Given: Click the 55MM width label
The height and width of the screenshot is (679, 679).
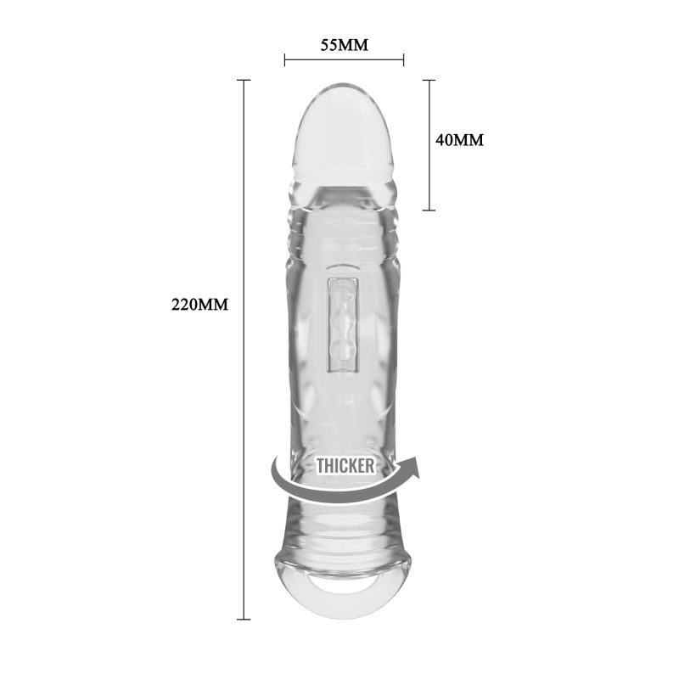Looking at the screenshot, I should [x=344, y=45].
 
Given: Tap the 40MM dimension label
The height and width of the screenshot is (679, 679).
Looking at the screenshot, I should [x=459, y=140].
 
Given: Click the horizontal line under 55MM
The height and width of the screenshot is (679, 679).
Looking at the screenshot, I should [x=344, y=60].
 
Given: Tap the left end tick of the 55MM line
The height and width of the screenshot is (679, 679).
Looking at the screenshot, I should [x=285, y=60].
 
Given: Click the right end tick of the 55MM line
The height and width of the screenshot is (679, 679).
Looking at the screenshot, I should [x=403, y=60].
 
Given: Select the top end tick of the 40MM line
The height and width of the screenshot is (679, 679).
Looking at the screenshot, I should [x=429, y=80].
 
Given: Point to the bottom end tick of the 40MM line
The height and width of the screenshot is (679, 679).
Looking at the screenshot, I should [x=429, y=210].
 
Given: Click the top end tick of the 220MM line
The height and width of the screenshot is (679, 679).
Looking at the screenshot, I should [x=244, y=80].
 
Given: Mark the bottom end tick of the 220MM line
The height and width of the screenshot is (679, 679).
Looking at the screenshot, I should [x=244, y=619].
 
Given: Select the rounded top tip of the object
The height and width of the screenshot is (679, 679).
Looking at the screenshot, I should [x=344, y=93].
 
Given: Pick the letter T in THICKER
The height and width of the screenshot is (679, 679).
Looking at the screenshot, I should [x=321, y=465].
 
